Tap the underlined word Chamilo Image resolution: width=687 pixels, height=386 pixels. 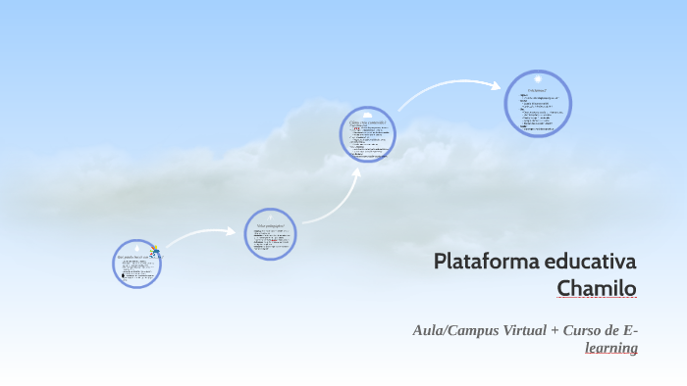point(597,289)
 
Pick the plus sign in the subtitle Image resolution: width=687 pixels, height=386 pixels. point(555,330)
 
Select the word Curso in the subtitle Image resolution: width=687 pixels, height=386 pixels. point(583,330)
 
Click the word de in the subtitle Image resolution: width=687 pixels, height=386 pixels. point(613,330)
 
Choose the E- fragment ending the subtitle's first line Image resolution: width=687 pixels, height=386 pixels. point(631,330)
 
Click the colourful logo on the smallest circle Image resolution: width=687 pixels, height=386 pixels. point(155,252)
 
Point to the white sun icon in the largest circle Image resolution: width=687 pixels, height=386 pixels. point(538,79)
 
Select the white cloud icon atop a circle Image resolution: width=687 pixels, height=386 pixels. point(367,115)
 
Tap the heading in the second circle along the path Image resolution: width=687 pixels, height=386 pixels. point(270,225)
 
